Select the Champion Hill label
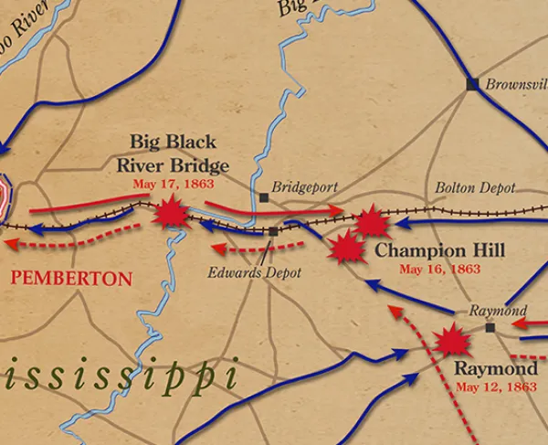[x=439, y=250]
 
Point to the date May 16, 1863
[x=439, y=269]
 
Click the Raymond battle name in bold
[x=495, y=368]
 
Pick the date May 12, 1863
[x=495, y=387]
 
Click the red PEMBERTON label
[x=71, y=278]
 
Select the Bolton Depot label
[x=474, y=187]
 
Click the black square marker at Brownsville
[x=472, y=84]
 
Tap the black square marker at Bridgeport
[x=264, y=196]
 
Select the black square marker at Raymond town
[x=490, y=327]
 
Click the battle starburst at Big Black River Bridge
[x=171, y=215]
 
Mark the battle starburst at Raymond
[x=451, y=341]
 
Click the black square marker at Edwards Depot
[x=273, y=231]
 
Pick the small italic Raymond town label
[x=498, y=311]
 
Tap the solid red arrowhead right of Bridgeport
[x=340, y=212]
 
